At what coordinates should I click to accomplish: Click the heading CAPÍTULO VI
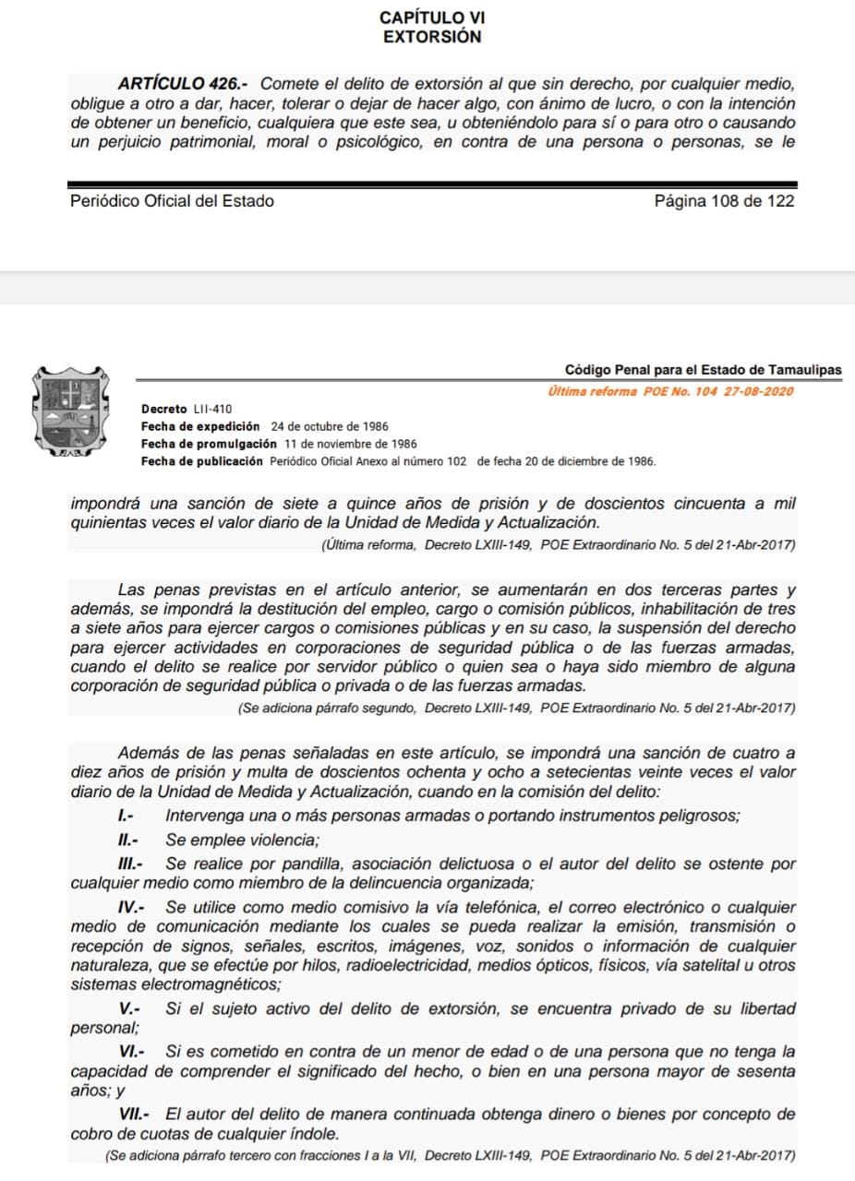point(432,18)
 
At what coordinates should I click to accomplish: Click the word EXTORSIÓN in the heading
point(432,37)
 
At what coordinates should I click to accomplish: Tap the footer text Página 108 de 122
point(724,201)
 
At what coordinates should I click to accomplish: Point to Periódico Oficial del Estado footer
point(172,201)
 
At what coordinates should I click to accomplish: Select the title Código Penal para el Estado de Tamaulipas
point(703,370)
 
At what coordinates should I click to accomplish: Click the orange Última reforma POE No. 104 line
point(670,391)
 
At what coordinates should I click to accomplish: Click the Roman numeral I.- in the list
point(127,816)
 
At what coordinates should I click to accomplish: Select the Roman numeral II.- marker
point(127,841)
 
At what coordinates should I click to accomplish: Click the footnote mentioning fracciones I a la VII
point(450,1155)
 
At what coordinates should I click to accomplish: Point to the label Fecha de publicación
point(201,461)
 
